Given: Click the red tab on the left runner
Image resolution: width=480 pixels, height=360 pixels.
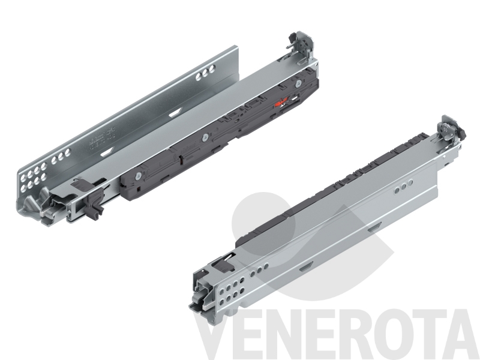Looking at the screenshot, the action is click(x=281, y=103).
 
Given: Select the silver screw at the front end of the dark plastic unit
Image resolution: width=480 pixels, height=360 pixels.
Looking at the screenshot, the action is click(x=139, y=175).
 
